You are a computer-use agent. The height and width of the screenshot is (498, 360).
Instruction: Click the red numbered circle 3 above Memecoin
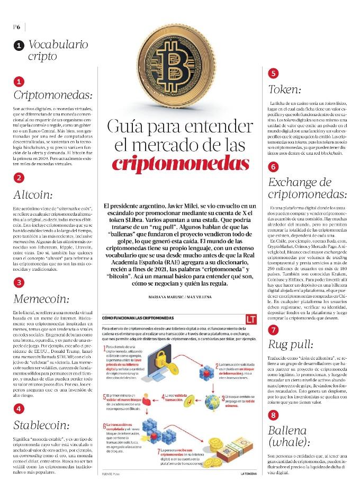click(19, 282)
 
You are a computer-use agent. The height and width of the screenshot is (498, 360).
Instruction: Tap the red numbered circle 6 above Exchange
click(273, 166)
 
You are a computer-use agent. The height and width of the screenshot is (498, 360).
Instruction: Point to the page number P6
click(16, 26)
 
